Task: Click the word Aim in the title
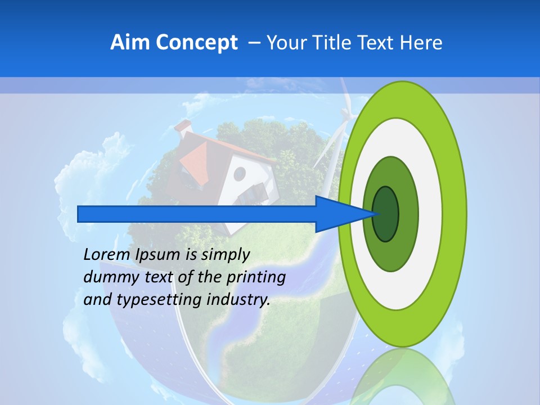pyautogui.click(x=127, y=43)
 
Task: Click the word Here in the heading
pyautogui.click(x=421, y=43)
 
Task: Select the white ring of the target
pyautogui.click(x=430, y=214)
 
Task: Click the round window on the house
pyautogui.click(x=240, y=174)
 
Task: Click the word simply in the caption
pyautogui.click(x=225, y=255)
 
